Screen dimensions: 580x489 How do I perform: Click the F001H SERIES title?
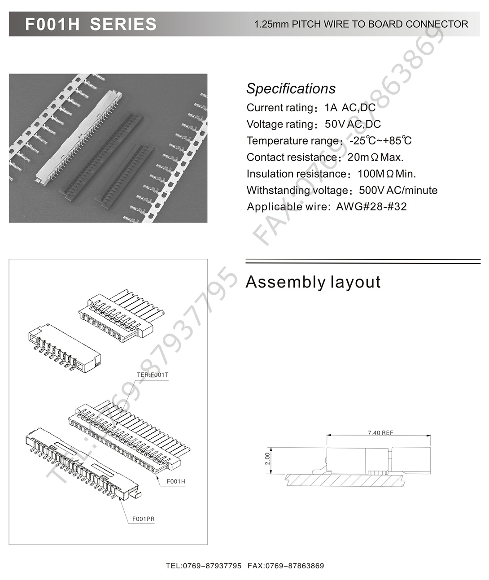(x=91, y=24)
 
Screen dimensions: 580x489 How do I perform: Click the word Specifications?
(x=291, y=88)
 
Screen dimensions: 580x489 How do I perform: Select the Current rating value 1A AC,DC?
(x=350, y=108)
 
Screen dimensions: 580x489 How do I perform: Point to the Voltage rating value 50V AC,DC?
(x=353, y=124)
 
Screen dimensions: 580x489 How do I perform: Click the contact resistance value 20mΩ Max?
(x=375, y=157)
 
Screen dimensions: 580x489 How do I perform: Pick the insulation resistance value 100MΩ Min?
(x=387, y=174)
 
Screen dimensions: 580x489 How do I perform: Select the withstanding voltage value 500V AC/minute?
(x=398, y=191)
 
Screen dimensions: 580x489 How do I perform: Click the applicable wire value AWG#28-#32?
(x=371, y=207)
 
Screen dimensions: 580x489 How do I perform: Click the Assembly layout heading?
(x=313, y=282)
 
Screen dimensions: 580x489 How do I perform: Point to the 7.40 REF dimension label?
(x=380, y=433)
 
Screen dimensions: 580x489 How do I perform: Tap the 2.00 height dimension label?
(x=268, y=458)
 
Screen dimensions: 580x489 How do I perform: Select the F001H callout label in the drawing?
(x=176, y=481)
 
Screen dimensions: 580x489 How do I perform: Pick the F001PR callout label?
(x=144, y=519)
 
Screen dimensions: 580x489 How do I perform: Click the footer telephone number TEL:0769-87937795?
(x=204, y=566)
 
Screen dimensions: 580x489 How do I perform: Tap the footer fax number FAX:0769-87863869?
(x=285, y=566)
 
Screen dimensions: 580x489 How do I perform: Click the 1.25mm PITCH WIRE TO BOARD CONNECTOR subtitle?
(x=361, y=24)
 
